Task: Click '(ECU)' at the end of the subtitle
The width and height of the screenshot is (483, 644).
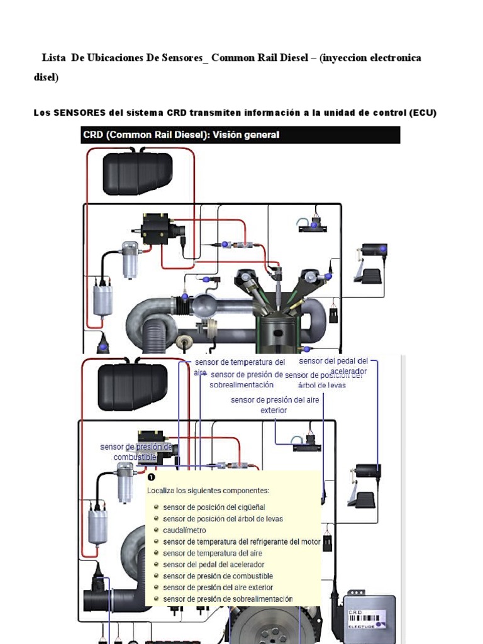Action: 423,113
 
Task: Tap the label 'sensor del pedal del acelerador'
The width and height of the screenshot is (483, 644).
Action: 334,366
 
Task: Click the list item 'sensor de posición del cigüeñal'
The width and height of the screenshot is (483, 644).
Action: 214,507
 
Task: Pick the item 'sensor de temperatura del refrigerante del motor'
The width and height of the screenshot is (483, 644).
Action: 241,541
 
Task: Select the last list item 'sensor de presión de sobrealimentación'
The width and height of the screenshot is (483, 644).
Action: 227,599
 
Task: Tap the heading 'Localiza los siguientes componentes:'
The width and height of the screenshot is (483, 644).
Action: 208,491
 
